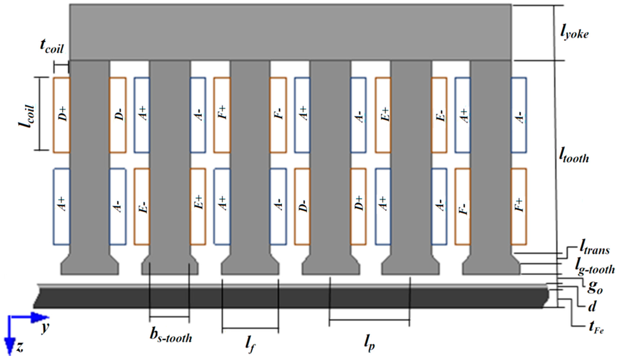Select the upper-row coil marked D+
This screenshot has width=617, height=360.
click(x=62, y=115)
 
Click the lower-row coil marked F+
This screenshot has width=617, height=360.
click(x=519, y=206)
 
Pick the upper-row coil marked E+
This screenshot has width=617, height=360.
click(x=383, y=115)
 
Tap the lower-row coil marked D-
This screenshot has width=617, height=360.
click(x=302, y=206)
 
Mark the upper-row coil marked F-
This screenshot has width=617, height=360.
click(x=278, y=115)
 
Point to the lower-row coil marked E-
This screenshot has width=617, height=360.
click(x=142, y=206)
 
